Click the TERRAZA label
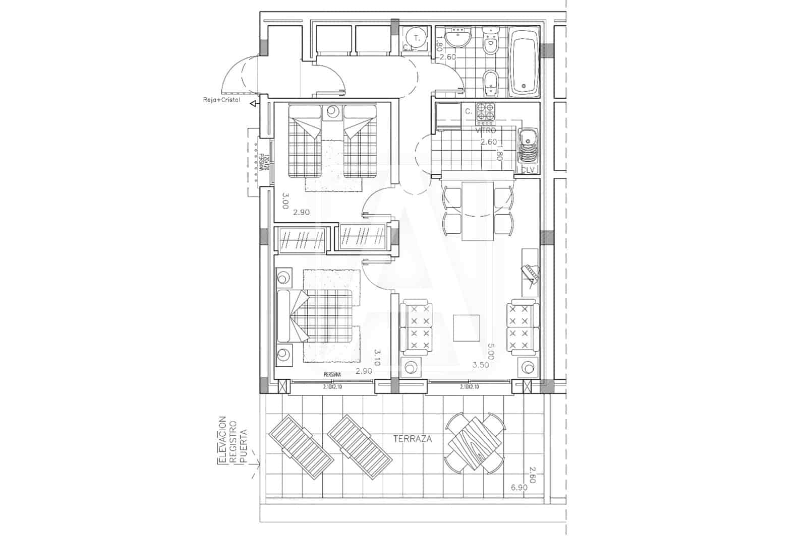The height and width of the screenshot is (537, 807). tap(413, 439)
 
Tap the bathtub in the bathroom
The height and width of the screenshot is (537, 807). tap(524, 64)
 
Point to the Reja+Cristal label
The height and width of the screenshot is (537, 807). tap(218, 100)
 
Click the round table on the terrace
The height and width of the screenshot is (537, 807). tap(475, 442)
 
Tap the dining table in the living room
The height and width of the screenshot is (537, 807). tap(478, 211)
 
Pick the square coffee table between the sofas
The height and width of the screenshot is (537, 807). tap(467, 328)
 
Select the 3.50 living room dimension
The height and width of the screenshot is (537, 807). tap(480, 365)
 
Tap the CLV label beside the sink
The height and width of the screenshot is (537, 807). tap(528, 170)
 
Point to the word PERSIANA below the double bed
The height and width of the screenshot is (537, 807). tap(332, 375)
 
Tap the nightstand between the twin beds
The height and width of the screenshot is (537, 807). tap(332, 111)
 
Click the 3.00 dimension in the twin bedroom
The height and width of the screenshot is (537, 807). tap(284, 200)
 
